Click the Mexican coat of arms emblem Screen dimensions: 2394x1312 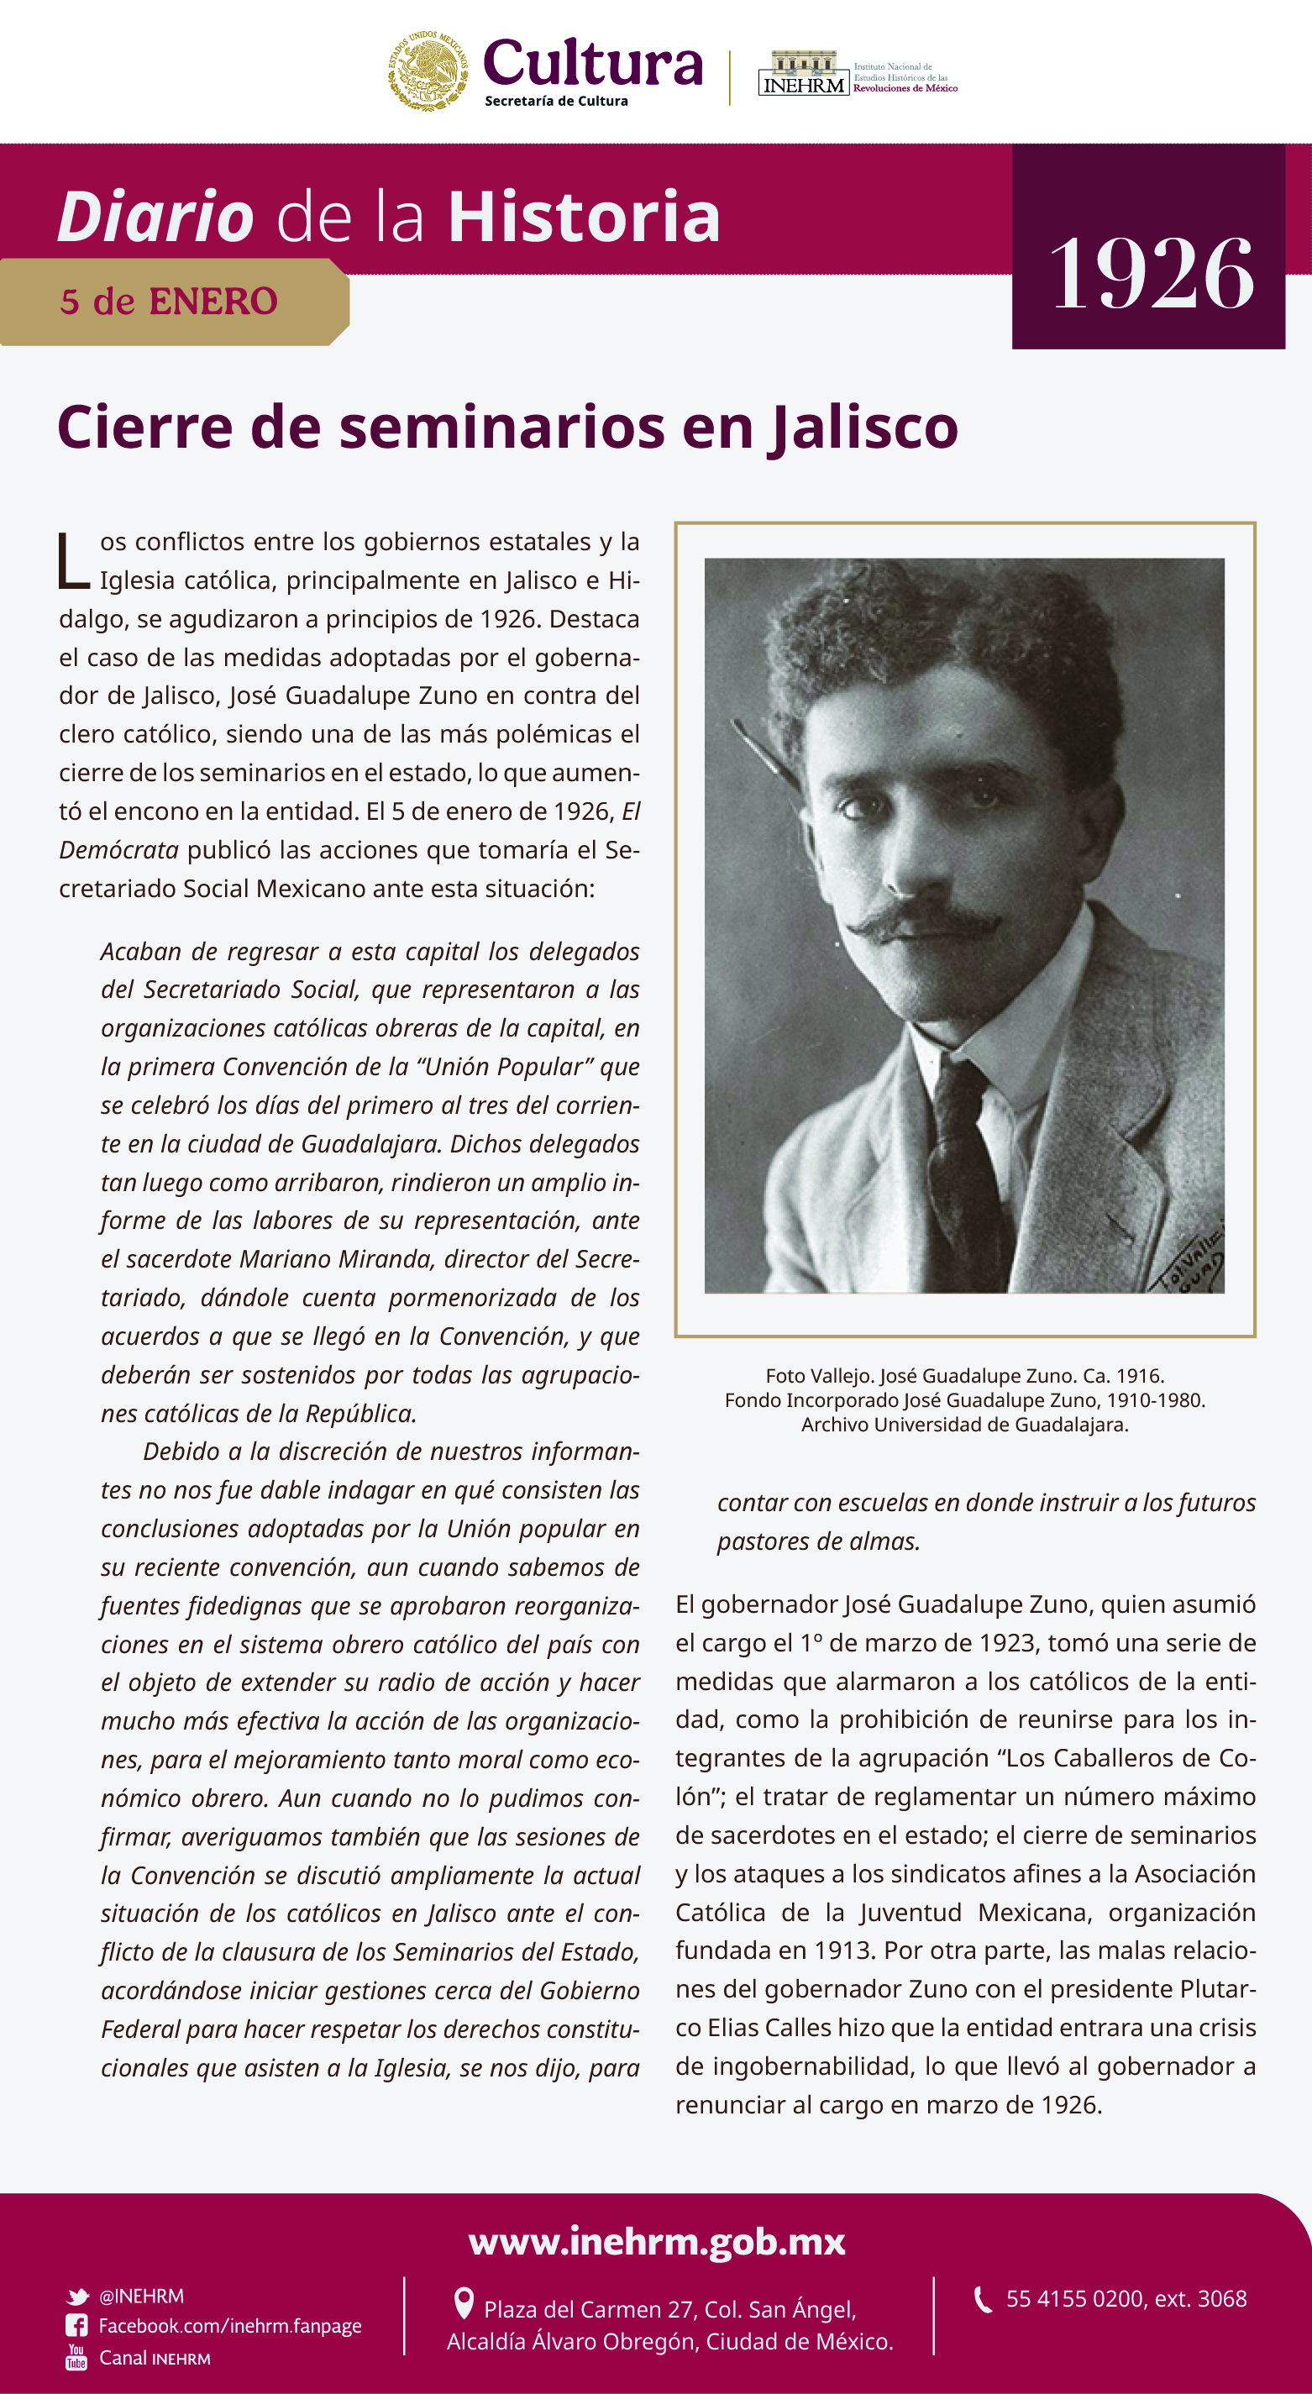click(x=428, y=71)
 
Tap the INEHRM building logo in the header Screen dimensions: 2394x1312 click(x=804, y=73)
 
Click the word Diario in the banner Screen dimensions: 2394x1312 click(x=156, y=217)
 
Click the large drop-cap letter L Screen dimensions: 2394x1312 click(x=73, y=561)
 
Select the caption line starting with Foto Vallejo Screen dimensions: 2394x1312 click(x=964, y=1375)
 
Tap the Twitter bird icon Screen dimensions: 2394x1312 click(x=77, y=2297)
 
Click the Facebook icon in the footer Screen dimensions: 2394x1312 click(x=76, y=2325)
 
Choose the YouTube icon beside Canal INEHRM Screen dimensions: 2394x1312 click(x=76, y=2357)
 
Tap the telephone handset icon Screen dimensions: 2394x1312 click(x=982, y=2299)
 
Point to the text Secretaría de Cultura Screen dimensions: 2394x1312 click(x=556, y=102)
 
